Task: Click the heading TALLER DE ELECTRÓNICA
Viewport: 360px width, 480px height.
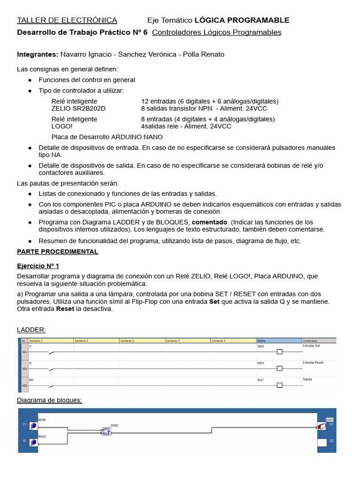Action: [67, 20]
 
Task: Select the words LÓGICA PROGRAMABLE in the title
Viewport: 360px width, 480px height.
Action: [241, 20]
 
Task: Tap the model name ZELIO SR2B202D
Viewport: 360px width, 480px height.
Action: [78, 108]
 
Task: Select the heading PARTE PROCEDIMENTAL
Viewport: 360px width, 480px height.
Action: [58, 252]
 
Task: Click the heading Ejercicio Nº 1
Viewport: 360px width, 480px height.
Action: [38, 266]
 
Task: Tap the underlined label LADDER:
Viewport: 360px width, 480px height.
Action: [31, 330]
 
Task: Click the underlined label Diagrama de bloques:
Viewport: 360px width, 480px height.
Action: [49, 400]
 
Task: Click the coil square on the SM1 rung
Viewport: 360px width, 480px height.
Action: [279, 352]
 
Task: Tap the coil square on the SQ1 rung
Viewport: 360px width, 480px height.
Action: [279, 385]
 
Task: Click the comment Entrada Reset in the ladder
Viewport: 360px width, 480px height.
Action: [313, 363]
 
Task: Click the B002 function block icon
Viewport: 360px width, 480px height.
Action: [106, 432]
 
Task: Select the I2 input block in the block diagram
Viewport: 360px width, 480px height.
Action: [33, 442]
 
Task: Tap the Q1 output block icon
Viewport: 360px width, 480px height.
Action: [322, 426]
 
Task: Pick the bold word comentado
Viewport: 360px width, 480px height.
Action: [210, 222]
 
